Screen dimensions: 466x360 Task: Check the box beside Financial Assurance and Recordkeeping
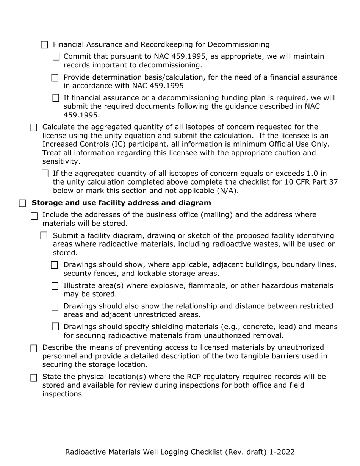click(x=44, y=45)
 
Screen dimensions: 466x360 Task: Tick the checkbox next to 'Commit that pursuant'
click(x=56, y=57)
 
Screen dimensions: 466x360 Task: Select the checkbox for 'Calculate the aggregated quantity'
click(x=33, y=127)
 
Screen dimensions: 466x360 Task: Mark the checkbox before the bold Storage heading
click(x=22, y=203)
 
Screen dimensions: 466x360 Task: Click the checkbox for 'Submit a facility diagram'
click(x=44, y=236)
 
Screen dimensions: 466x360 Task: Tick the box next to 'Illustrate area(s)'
click(x=55, y=286)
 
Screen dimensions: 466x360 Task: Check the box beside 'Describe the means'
click(x=34, y=348)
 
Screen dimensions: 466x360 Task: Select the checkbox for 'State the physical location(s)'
click(x=34, y=377)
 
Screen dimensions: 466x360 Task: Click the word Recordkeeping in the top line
click(x=178, y=45)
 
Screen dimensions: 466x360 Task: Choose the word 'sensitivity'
click(x=60, y=161)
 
